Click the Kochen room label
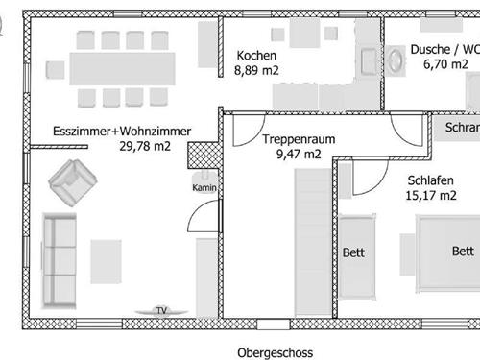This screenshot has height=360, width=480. coord(256,56)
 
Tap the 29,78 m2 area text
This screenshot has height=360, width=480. coord(145,146)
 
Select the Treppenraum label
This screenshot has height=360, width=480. coord(299,139)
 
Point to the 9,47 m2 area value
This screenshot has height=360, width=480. coord(299,155)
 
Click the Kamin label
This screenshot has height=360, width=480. coord(204,187)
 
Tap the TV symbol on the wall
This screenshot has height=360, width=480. coord(161,311)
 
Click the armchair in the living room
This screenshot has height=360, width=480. coord(73,182)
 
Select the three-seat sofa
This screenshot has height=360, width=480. coord(60,261)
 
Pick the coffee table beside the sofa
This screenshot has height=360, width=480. coord(106,262)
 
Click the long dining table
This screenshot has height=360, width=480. coord(122,69)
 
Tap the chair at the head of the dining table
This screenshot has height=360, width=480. coord(55,70)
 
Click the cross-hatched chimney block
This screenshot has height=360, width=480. coord(204,156)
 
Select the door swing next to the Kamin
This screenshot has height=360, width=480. coord(204,215)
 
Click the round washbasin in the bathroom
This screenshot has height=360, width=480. coord(396,60)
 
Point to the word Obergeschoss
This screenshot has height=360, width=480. coord(276,353)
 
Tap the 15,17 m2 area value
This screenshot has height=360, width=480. coord(431,195)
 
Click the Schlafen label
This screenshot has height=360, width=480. coord(431,180)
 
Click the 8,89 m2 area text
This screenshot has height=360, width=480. coord(256,70)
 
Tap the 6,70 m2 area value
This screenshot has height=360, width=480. coord(445,64)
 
